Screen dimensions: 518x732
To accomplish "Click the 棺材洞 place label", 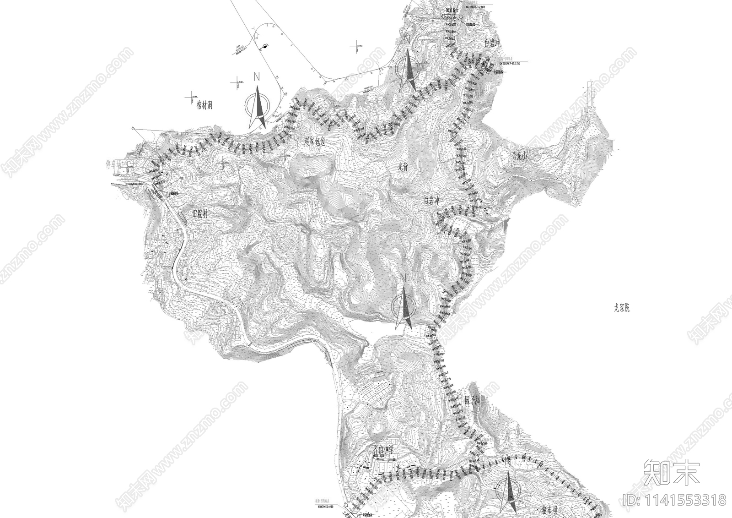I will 201,105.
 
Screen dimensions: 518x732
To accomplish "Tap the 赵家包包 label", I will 314,142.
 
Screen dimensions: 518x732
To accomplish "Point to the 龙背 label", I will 403,167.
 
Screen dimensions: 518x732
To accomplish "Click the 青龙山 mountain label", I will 520,157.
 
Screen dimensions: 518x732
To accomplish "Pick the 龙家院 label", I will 622,308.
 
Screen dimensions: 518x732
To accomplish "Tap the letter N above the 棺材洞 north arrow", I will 257,77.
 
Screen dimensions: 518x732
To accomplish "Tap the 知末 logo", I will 671,473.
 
